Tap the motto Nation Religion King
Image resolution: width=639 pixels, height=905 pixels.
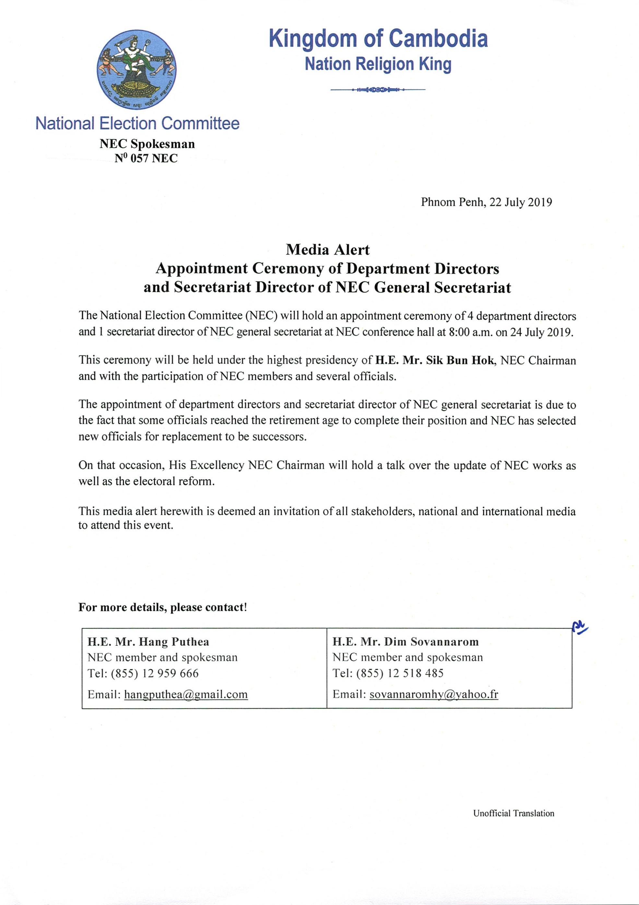378,64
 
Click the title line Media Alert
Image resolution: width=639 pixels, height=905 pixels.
327,249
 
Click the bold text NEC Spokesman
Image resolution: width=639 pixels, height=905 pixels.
147,144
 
